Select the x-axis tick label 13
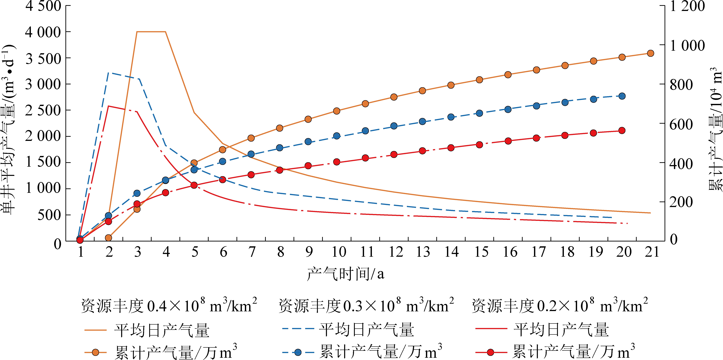point(423,252)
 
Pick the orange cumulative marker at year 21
point(650,53)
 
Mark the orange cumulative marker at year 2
point(108,238)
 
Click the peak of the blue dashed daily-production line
point(108,73)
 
